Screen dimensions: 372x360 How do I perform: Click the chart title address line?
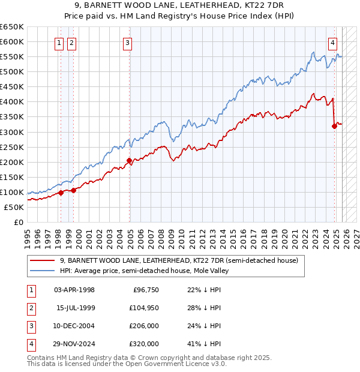point(180,5)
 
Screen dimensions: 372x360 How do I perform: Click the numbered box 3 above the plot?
point(128,43)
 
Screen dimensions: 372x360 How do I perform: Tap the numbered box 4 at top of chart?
point(332,43)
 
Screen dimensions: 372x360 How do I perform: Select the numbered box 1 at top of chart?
point(60,43)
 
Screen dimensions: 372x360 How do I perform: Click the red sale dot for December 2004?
point(130,160)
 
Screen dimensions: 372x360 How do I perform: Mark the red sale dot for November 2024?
point(335,126)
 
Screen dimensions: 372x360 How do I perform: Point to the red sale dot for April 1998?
point(61,193)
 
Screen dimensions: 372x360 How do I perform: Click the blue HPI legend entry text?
point(145,271)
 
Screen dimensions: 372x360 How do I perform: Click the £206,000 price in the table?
point(144,326)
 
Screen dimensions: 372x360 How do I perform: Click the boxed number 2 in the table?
point(30,308)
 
